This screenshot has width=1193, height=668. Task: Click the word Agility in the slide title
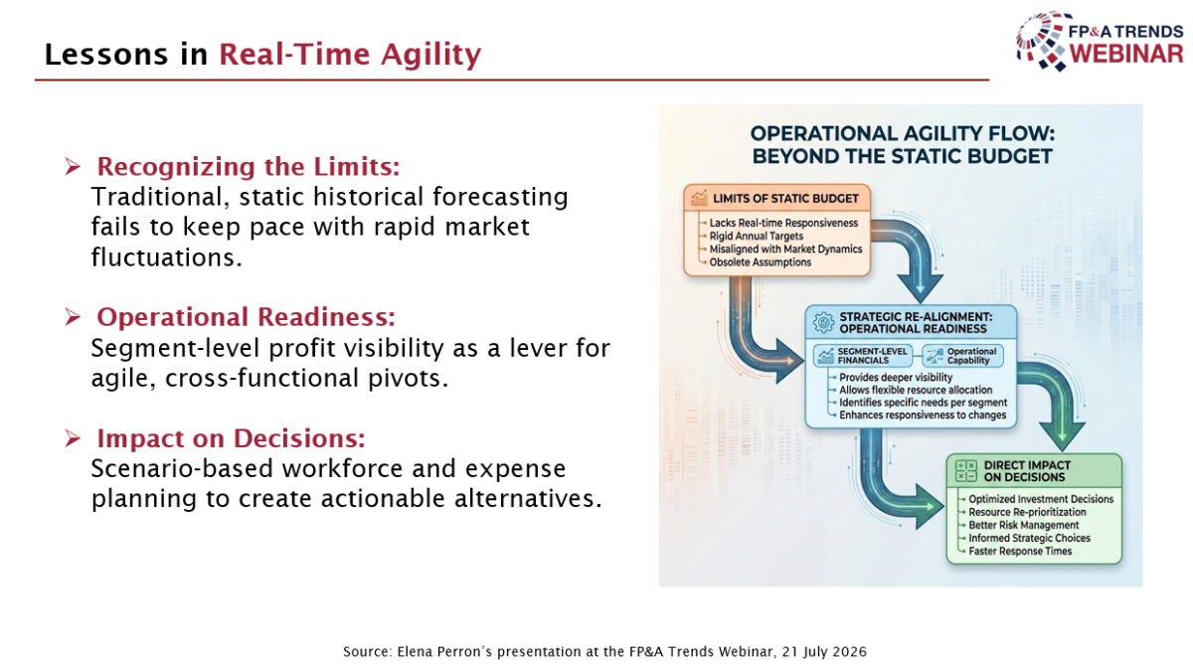click(430, 56)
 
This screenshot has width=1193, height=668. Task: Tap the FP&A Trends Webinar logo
click(1100, 42)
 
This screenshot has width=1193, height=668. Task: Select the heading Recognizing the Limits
click(249, 167)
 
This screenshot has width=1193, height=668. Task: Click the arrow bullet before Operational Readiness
click(73, 317)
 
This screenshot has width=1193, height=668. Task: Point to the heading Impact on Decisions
click(231, 438)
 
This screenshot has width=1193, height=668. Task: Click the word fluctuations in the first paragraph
click(167, 257)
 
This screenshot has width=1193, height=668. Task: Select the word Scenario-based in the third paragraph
click(182, 469)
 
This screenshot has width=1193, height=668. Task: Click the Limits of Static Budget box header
click(776, 199)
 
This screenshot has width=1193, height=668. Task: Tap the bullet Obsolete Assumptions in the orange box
click(760, 262)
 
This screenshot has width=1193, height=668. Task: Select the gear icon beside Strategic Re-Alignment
click(823, 322)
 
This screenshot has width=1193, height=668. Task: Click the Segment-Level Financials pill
click(863, 356)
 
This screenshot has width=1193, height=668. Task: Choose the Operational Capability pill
click(963, 356)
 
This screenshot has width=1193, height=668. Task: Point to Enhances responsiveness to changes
click(923, 415)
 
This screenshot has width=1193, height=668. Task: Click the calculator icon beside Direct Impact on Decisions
click(965, 471)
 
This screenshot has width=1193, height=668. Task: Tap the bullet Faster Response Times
click(1020, 552)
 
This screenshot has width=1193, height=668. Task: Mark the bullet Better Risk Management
click(1024, 525)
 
